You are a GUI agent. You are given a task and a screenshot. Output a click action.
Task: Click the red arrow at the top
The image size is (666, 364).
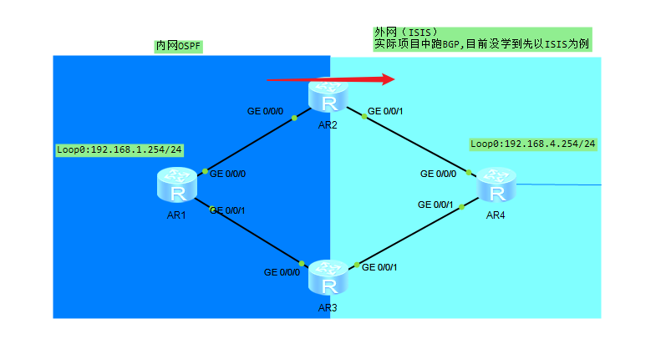[330, 79]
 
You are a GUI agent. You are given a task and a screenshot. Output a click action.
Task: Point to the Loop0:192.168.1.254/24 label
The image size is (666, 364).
[119, 150]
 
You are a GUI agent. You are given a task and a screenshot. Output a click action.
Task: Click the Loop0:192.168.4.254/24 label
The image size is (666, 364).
[533, 144]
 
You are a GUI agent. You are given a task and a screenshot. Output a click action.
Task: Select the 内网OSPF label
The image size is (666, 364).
[180, 46]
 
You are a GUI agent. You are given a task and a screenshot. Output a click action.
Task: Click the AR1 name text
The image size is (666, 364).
[176, 215]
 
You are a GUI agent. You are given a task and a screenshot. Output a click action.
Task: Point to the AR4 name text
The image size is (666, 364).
[496, 215]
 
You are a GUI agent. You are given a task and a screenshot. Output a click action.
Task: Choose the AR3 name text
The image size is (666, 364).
[328, 308]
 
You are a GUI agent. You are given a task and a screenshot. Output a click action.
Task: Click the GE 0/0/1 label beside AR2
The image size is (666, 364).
[386, 110]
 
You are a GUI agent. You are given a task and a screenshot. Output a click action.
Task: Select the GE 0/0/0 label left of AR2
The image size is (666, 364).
[266, 110]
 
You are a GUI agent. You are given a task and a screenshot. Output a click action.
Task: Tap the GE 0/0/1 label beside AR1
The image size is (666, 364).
[227, 210]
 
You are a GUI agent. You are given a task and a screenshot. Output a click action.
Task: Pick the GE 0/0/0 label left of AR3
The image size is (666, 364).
[282, 272]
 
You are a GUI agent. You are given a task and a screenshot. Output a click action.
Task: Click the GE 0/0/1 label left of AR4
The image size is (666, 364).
[435, 205]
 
